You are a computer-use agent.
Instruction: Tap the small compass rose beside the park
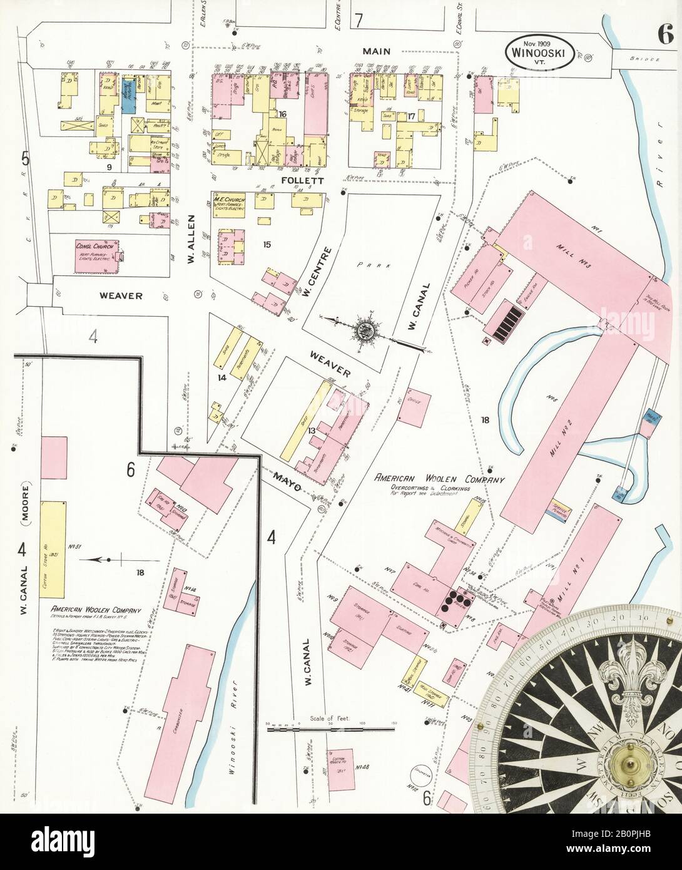(364, 330)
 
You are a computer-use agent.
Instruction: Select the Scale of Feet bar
(332, 729)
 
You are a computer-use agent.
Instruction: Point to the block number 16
(283, 114)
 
